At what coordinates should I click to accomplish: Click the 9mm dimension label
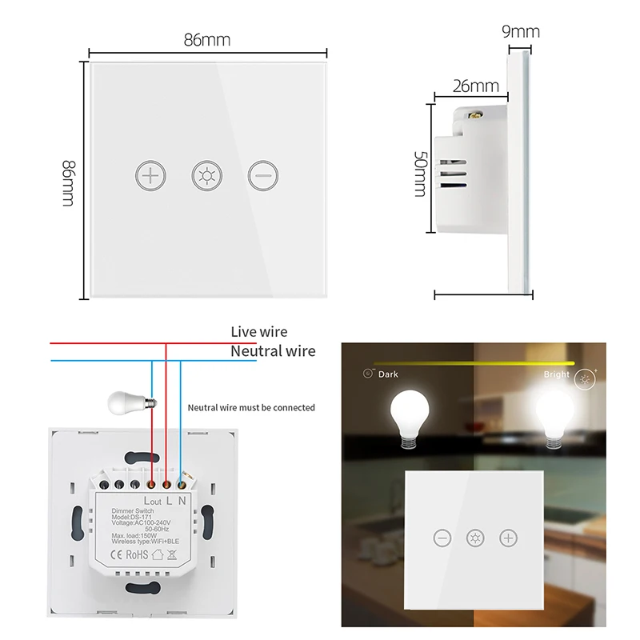[x=521, y=31]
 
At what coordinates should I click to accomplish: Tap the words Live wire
[x=258, y=331]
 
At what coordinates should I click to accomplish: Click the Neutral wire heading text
[x=273, y=350]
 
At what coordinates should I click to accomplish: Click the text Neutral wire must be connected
[x=251, y=407]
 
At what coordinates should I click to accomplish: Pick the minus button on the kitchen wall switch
[x=442, y=538]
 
